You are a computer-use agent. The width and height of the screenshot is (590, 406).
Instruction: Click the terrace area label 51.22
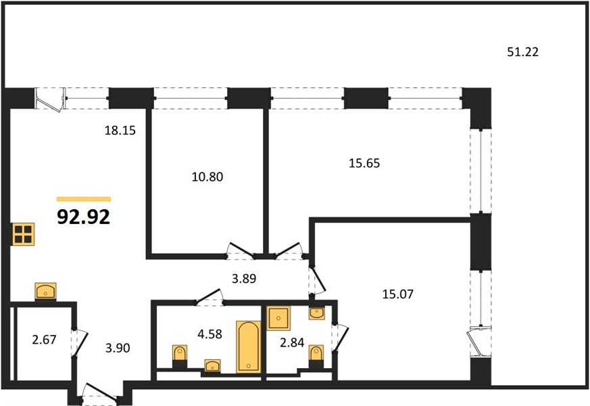(522, 51)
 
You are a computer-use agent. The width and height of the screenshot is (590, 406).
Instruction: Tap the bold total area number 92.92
(84, 217)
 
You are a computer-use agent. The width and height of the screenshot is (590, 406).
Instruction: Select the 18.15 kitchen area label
(120, 131)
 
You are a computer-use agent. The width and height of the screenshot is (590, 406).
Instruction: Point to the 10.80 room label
(207, 177)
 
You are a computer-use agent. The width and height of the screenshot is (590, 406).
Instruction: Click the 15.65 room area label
(364, 163)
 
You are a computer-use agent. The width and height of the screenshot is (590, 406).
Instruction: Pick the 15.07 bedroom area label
(397, 294)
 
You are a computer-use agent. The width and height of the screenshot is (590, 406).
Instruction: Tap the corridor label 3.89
(244, 279)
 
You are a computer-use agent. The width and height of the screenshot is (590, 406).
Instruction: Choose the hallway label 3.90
(118, 348)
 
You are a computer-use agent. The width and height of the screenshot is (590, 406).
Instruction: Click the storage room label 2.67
(45, 340)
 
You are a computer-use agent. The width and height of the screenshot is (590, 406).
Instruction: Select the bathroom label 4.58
(210, 334)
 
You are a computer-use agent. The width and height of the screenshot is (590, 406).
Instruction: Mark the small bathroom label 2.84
(292, 342)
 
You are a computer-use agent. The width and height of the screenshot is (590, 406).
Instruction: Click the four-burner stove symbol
(24, 234)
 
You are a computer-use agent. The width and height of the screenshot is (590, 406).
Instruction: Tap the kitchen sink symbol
(45, 291)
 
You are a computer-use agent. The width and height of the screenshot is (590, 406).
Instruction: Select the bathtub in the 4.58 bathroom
(248, 347)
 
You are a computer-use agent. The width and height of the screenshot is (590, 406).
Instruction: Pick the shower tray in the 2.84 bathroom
(278, 318)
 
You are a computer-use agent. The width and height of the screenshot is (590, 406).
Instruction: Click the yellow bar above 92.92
(84, 199)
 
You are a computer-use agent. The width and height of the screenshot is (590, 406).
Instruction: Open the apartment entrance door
(100, 394)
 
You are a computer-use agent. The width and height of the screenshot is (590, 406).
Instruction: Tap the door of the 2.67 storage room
(80, 342)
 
